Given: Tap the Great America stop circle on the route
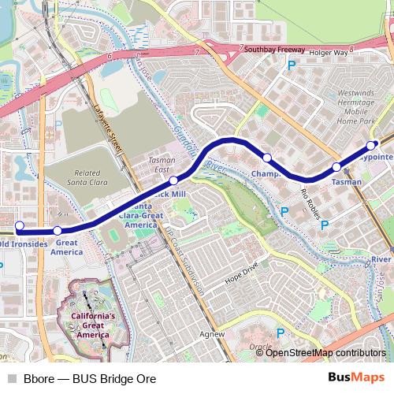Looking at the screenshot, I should point(58,231).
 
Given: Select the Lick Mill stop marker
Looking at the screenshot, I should point(174,180).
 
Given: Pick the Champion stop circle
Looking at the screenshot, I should point(267,158).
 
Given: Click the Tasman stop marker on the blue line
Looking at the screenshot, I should point(336,167).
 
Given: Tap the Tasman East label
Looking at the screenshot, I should point(162,164).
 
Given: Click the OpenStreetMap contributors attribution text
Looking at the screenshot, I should point(326,353).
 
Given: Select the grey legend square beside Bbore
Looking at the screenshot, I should point(11,379).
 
